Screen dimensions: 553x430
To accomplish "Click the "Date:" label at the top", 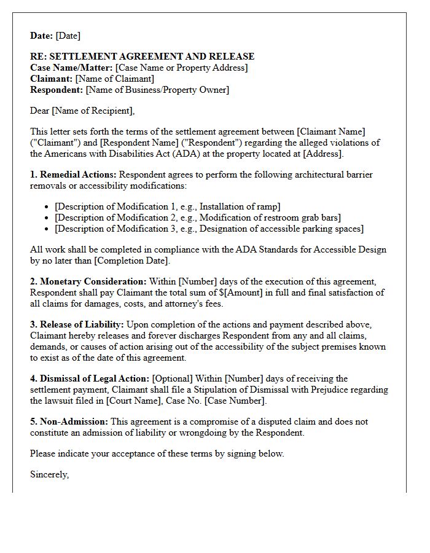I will [42, 36].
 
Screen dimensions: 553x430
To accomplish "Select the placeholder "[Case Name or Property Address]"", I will [181, 68].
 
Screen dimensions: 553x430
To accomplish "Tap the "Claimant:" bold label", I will [52, 79].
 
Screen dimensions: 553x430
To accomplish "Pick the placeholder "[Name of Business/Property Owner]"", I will [157, 90].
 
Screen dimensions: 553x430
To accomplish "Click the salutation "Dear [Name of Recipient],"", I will [82, 111].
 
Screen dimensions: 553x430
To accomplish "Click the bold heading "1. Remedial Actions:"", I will [73, 175].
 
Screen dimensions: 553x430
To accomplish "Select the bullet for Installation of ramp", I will [167, 206].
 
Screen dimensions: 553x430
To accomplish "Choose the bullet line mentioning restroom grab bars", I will [197, 218].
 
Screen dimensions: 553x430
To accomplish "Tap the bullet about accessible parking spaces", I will [209, 229].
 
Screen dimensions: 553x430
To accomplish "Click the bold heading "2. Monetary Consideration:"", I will [88, 281].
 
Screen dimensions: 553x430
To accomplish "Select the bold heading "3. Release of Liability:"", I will [77, 324].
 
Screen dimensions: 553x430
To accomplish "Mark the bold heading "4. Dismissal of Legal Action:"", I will [90, 378].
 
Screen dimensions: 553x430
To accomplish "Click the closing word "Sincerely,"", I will [49, 474].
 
